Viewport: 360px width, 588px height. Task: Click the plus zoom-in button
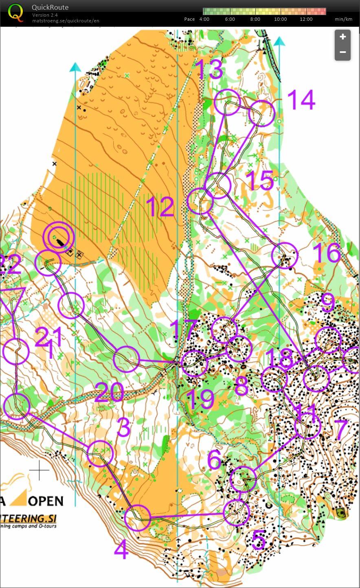click(342, 37)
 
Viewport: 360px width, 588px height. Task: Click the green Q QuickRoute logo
click(15, 12)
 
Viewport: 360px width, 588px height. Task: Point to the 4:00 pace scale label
click(204, 19)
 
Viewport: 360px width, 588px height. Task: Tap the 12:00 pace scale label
click(306, 19)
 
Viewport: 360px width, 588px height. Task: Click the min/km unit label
click(343, 19)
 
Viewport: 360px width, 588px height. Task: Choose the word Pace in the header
click(189, 19)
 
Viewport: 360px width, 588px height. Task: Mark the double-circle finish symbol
click(59, 236)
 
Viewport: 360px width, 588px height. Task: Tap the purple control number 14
click(301, 100)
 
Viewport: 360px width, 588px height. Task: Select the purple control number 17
click(183, 330)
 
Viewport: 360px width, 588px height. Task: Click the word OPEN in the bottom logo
click(46, 501)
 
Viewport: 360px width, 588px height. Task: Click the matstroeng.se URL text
click(66, 21)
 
